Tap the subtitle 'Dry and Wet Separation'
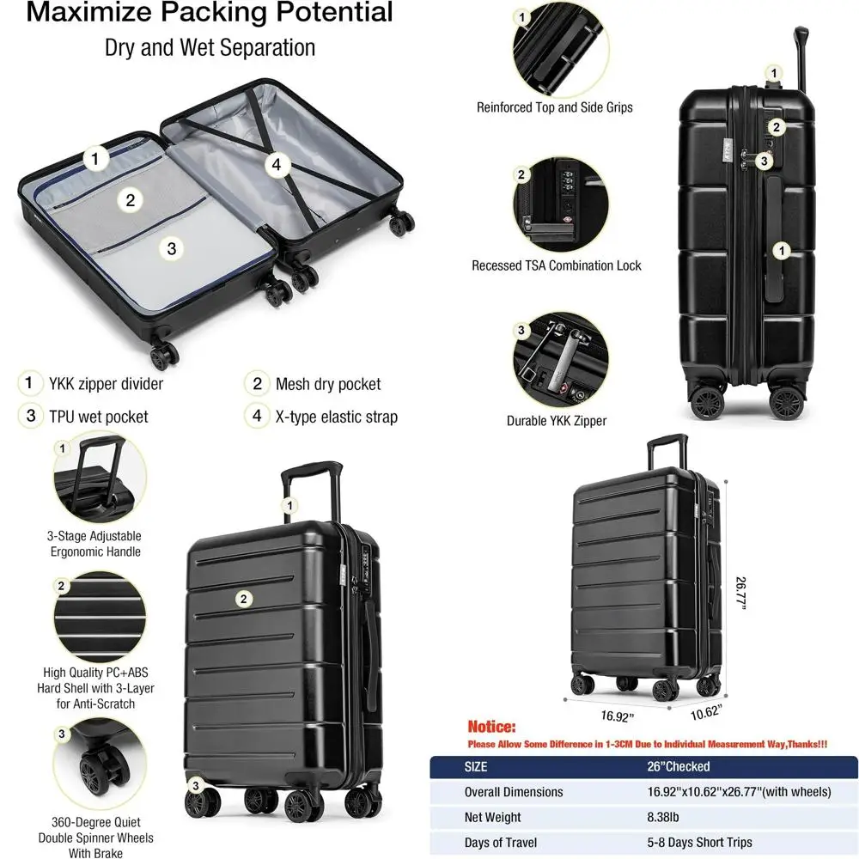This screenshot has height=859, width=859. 210,46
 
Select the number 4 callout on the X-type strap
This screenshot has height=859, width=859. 275,165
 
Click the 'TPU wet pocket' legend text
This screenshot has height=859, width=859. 97,417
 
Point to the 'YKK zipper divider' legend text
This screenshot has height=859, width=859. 105,384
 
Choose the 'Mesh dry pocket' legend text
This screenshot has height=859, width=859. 327,384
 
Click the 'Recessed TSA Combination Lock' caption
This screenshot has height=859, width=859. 556,265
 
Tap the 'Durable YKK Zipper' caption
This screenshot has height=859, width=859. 556,421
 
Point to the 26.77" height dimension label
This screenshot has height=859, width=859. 740,593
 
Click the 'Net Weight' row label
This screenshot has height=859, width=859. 492,818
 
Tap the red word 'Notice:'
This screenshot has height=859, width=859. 491,727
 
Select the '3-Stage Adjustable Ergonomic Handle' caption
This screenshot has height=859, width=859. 94,544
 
